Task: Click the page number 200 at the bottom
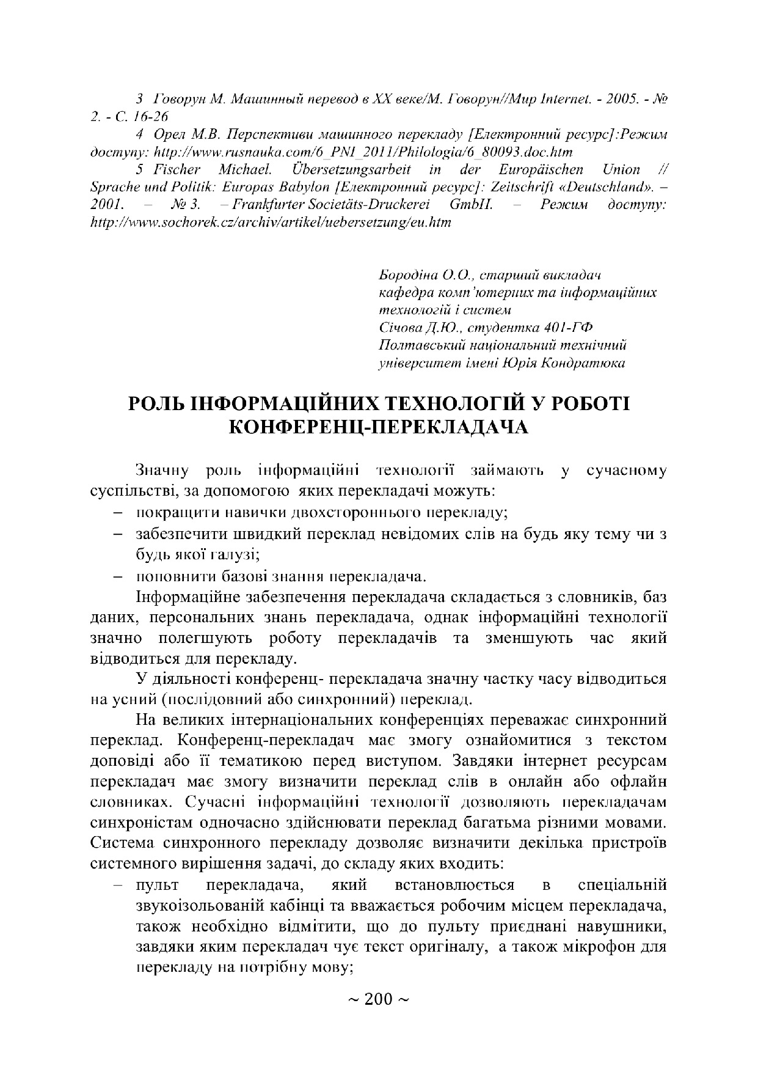click(378, 999)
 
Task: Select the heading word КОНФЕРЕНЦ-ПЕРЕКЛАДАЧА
click(378, 427)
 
